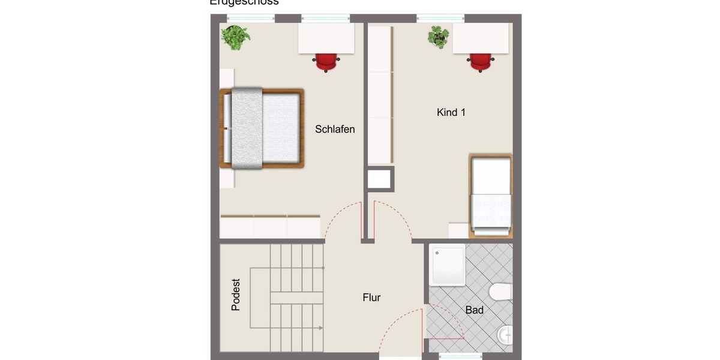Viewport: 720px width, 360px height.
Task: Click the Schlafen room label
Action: coord(335,129)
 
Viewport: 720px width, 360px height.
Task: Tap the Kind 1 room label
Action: coord(451,112)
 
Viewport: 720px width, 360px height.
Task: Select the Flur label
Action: coord(371,297)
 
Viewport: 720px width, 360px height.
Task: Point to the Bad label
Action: coord(475,310)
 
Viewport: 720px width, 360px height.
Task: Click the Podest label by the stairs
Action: coord(236,294)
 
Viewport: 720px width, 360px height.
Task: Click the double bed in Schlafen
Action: coord(262,128)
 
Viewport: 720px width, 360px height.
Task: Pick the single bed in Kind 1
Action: coord(491,193)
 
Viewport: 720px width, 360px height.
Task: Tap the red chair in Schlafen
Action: coord(326,61)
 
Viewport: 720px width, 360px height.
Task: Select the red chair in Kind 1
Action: coord(481,62)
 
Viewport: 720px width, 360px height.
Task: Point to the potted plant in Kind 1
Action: coord(439,37)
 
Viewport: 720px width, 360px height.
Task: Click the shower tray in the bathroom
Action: coord(448,264)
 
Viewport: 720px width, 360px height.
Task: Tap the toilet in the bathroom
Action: coord(500,292)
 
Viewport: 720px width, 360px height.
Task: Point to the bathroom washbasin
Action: coord(506,334)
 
